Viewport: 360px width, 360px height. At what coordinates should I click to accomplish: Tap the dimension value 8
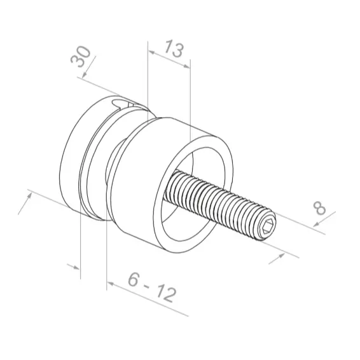[320, 208]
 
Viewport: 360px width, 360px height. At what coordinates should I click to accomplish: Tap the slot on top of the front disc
[124, 102]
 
